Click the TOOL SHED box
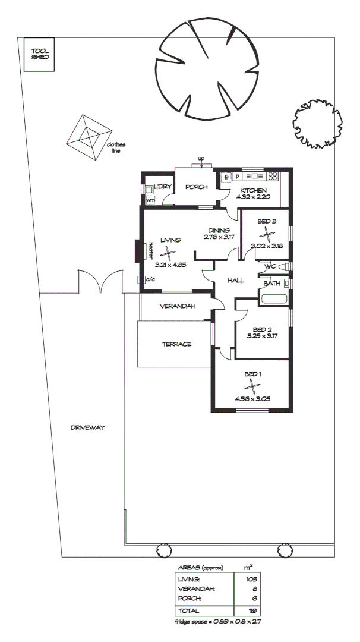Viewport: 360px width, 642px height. [x=40, y=55]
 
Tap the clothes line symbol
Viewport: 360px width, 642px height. [x=89, y=136]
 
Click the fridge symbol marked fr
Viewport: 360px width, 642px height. [x=226, y=177]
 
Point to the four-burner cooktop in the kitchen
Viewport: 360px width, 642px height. [x=273, y=177]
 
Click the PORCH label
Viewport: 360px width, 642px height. [x=196, y=187]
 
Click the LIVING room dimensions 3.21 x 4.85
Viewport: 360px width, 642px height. [x=168, y=265]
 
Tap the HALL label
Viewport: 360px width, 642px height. [x=236, y=280]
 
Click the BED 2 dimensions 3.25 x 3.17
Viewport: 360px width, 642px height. [x=262, y=336]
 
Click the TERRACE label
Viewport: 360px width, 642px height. [x=176, y=344]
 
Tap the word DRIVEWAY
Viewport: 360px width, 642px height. [x=87, y=427]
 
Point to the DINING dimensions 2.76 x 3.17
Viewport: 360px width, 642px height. [x=218, y=237]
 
